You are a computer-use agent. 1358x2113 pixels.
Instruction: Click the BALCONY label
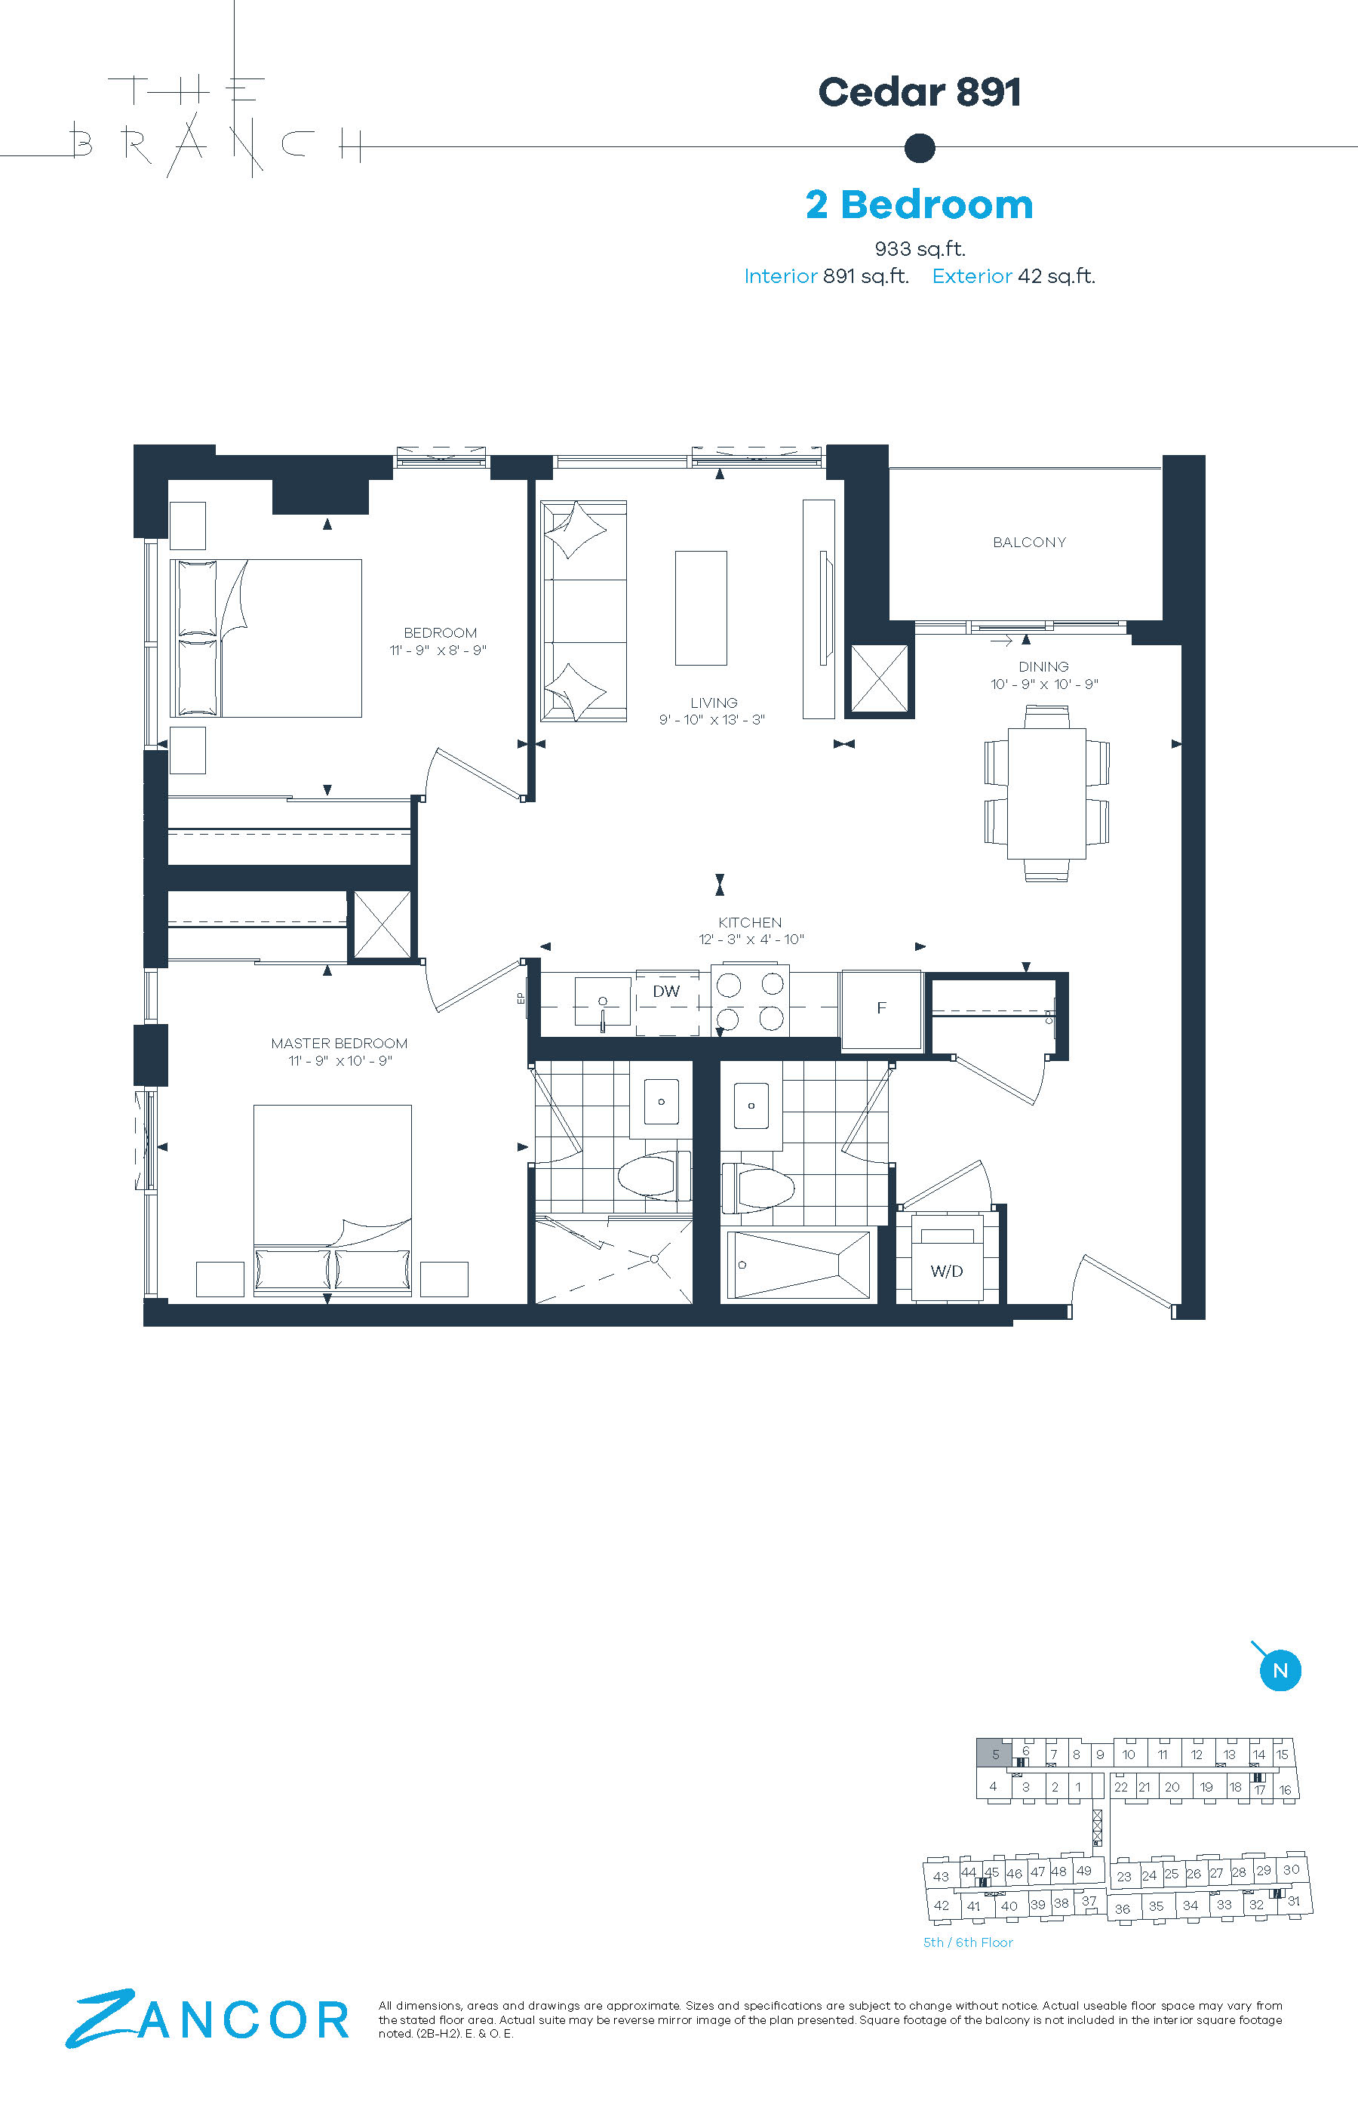pos(1029,543)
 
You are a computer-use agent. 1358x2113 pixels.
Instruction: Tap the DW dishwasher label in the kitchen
pos(665,992)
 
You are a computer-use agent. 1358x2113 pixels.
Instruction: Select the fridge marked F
pos(881,1010)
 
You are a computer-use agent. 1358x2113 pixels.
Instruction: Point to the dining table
pos(1046,793)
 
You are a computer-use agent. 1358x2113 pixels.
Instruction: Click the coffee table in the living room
pos(701,607)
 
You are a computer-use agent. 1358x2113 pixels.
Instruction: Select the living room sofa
pos(583,611)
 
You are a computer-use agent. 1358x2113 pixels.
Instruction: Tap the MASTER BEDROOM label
pos(339,1043)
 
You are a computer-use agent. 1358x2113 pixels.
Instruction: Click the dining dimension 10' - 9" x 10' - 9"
pos(1044,684)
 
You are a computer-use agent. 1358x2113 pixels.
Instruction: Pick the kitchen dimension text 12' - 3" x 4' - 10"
pos(751,940)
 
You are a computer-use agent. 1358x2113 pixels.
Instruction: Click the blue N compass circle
pos(1280,1670)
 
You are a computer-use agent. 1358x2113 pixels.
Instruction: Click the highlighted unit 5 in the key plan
pos(994,1754)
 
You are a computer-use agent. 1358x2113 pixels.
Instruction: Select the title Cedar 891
pos(920,92)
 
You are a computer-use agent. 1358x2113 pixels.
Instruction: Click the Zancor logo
pos(207,2019)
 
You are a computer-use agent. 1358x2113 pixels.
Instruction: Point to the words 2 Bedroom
pos(919,205)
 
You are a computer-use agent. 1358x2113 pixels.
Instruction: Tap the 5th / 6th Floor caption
pos(967,1942)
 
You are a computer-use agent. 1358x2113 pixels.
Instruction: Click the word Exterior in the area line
pos(972,276)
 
